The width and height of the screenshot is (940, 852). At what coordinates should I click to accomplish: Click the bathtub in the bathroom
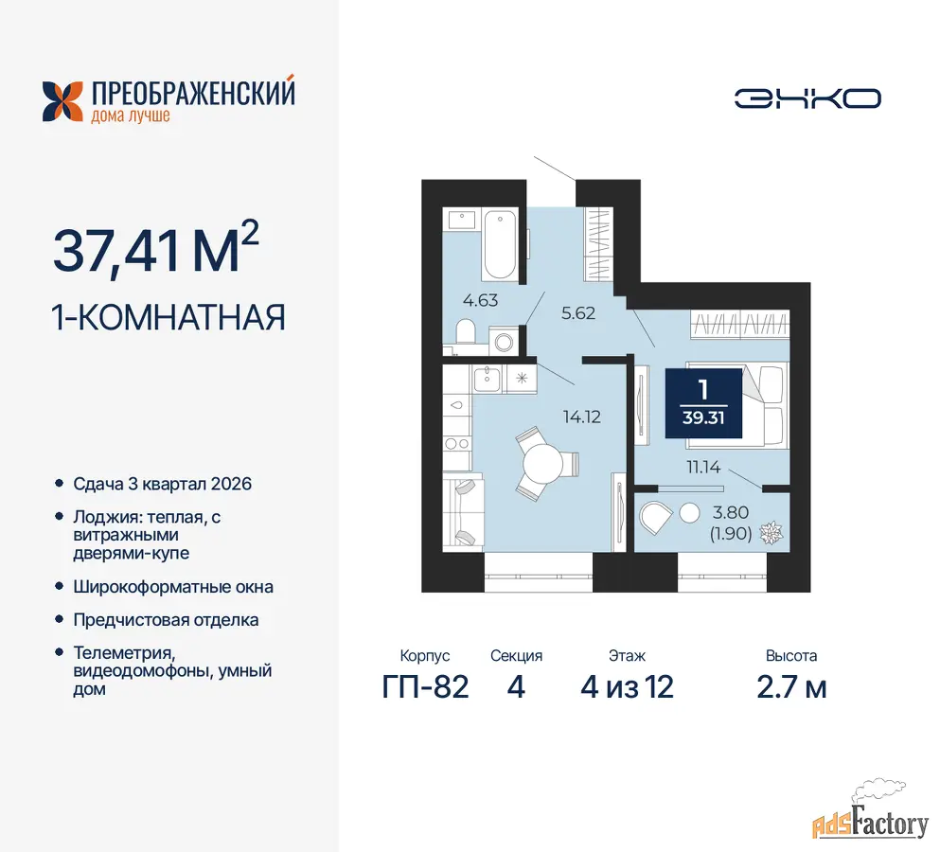click(500, 244)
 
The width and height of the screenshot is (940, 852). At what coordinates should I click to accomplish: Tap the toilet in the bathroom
click(466, 331)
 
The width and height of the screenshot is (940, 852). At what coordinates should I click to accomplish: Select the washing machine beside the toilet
click(504, 342)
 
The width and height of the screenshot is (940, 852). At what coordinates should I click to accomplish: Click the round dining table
click(542, 463)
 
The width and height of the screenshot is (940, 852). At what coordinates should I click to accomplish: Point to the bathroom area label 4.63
click(480, 300)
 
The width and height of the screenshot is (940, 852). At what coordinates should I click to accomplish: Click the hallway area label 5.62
click(577, 313)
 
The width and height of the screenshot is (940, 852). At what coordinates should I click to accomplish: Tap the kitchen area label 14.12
click(581, 417)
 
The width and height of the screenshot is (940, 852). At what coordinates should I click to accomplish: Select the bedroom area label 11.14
click(703, 467)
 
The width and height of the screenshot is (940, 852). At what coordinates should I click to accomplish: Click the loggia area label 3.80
click(730, 513)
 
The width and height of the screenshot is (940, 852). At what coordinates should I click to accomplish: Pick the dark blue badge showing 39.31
click(703, 403)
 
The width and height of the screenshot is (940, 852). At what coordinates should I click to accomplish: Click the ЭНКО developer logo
click(807, 98)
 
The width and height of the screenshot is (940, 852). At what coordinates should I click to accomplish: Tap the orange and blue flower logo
click(62, 101)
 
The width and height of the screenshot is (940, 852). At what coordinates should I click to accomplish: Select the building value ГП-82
click(425, 687)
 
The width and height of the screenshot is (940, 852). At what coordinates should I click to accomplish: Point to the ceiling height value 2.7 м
click(791, 687)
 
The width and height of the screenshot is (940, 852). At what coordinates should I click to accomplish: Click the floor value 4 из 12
click(627, 687)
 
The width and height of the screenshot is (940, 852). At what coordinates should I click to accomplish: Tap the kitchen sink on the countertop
click(488, 379)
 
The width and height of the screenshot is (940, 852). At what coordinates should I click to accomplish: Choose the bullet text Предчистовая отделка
click(166, 620)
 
